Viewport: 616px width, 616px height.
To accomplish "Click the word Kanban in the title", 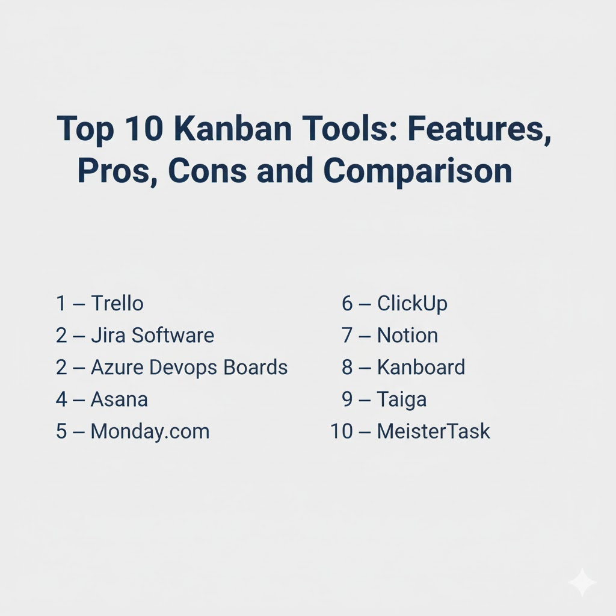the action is click(233, 129).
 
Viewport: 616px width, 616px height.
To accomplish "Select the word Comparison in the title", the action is click(417, 171).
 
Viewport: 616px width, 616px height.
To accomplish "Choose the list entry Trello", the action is click(117, 303).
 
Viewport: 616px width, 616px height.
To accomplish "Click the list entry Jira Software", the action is click(152, 336).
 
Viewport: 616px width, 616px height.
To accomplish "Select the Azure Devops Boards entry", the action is click(189, 368).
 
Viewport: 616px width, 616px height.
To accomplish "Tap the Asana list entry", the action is click(119, 399).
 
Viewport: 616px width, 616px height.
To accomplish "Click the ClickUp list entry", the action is click(412, 304).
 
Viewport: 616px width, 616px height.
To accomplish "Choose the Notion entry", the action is click(407, 336).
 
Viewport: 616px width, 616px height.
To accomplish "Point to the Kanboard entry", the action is click(421, 368).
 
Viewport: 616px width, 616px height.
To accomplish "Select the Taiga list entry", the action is click(402, 400).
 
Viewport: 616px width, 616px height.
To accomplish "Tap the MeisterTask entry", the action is click(434, 431).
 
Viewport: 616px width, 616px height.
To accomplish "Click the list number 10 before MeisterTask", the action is click(342, 431).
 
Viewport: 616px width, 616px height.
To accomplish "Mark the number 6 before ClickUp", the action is click(347, 303).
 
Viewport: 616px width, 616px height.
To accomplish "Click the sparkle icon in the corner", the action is click(582, 582).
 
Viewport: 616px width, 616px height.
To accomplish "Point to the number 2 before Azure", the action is click(61, 368).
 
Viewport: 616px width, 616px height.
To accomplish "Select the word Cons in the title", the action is click(208, 171).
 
